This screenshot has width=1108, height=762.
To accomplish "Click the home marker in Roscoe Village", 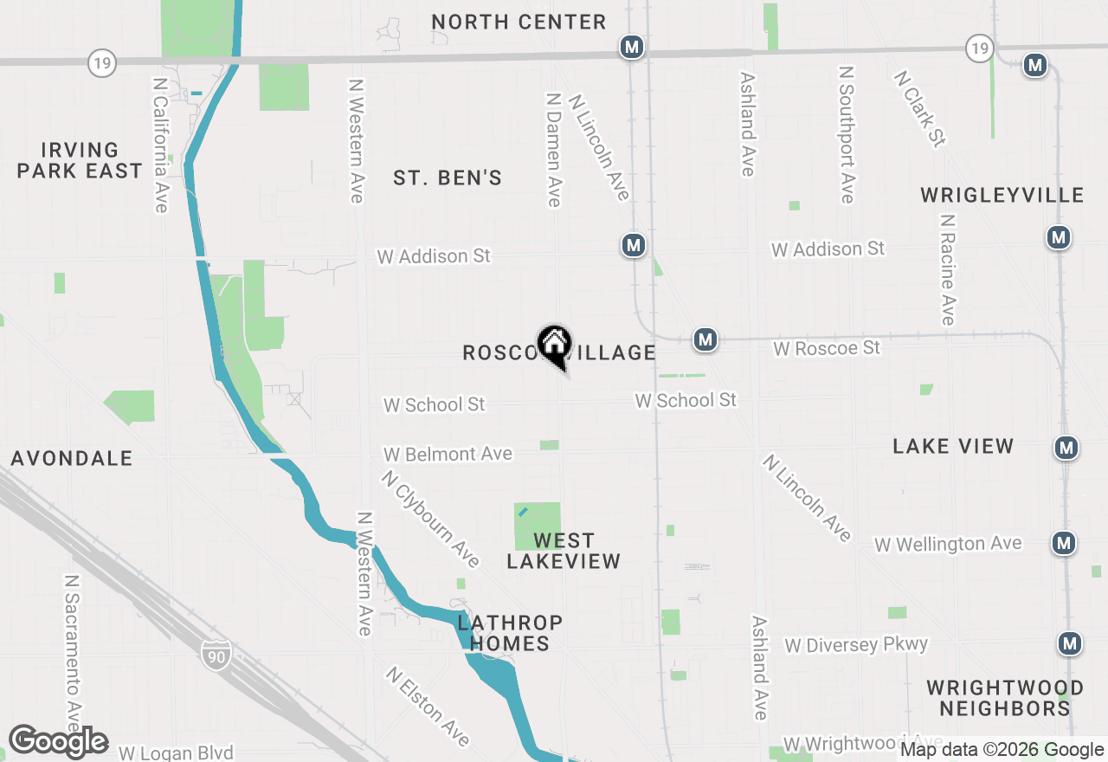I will (554, 345).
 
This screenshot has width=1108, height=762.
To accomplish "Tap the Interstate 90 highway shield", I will (216, 655).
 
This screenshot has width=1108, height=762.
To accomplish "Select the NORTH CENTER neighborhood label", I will (519, 22).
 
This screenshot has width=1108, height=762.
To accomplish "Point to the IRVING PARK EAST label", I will (80, 161).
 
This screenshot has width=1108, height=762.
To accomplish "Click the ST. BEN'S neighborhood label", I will (448, 178).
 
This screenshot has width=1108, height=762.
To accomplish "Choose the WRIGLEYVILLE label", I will (1002, 195).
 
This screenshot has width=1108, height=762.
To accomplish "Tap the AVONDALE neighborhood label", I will (72, 458).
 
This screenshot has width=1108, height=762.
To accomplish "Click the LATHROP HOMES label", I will (510, 633).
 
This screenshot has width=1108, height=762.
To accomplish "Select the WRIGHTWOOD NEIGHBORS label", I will (1004, 699).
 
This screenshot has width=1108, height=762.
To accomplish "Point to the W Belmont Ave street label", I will (448, 454).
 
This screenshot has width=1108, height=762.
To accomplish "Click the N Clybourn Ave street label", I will (430, 518).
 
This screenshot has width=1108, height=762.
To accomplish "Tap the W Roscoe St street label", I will (827, 348).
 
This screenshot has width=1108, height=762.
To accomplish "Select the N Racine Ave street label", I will (947, 269).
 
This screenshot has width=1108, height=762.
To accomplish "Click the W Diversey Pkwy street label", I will (855, 645).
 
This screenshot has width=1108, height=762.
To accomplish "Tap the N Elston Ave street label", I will (428, 706).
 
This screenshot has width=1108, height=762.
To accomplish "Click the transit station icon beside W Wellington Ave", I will (1064, 543).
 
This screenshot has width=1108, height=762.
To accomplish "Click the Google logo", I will (58, 742).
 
